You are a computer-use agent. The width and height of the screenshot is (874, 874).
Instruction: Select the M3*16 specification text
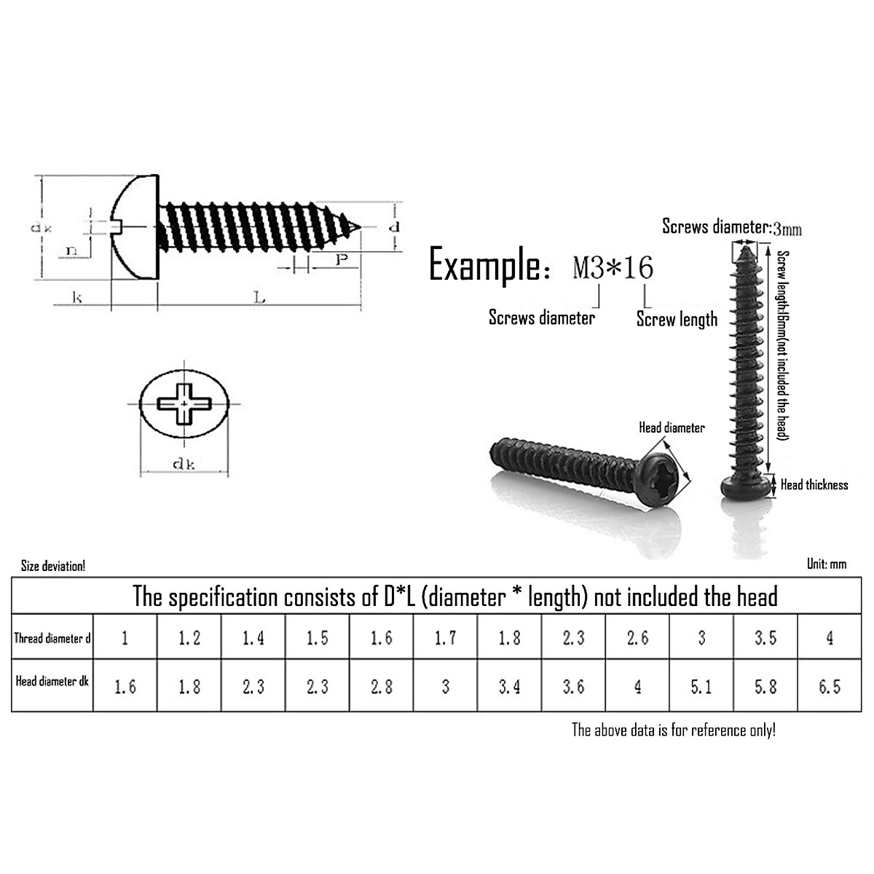click(x=613, y=268)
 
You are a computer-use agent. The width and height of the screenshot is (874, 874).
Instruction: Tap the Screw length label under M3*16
click(x=677, y=319)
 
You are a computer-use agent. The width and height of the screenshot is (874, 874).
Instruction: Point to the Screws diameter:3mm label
click(x=731, y=227)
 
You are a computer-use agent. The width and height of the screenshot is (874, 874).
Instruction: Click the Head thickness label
click(x=814, y=484)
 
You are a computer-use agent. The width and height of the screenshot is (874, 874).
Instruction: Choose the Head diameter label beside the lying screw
click(x=672, y=428)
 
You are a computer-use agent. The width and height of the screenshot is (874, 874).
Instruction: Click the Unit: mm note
click(x=827, y=564)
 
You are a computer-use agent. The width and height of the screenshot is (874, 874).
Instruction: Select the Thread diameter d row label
click(x=52, y=639)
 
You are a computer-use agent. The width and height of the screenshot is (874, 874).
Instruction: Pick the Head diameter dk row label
click(x=52, y=682)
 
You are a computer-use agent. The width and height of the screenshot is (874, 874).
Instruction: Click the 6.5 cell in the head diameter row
click(x=830, y=686)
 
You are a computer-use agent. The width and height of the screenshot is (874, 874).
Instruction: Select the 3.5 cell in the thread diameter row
click(x=765, y=639)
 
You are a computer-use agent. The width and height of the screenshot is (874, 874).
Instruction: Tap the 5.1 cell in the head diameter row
click(x=701, y=686)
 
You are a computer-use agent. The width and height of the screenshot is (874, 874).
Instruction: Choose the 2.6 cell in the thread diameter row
click(x=637, y=639)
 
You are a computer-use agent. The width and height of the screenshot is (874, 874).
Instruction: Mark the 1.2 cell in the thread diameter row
click(x=189, y=639)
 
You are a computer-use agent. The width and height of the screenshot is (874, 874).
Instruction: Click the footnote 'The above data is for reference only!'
click(x=673, y=730)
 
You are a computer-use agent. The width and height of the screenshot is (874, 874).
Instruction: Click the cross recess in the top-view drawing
click(x=184, y=403)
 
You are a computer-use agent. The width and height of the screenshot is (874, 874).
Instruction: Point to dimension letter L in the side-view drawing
click(x=259, y=297)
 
